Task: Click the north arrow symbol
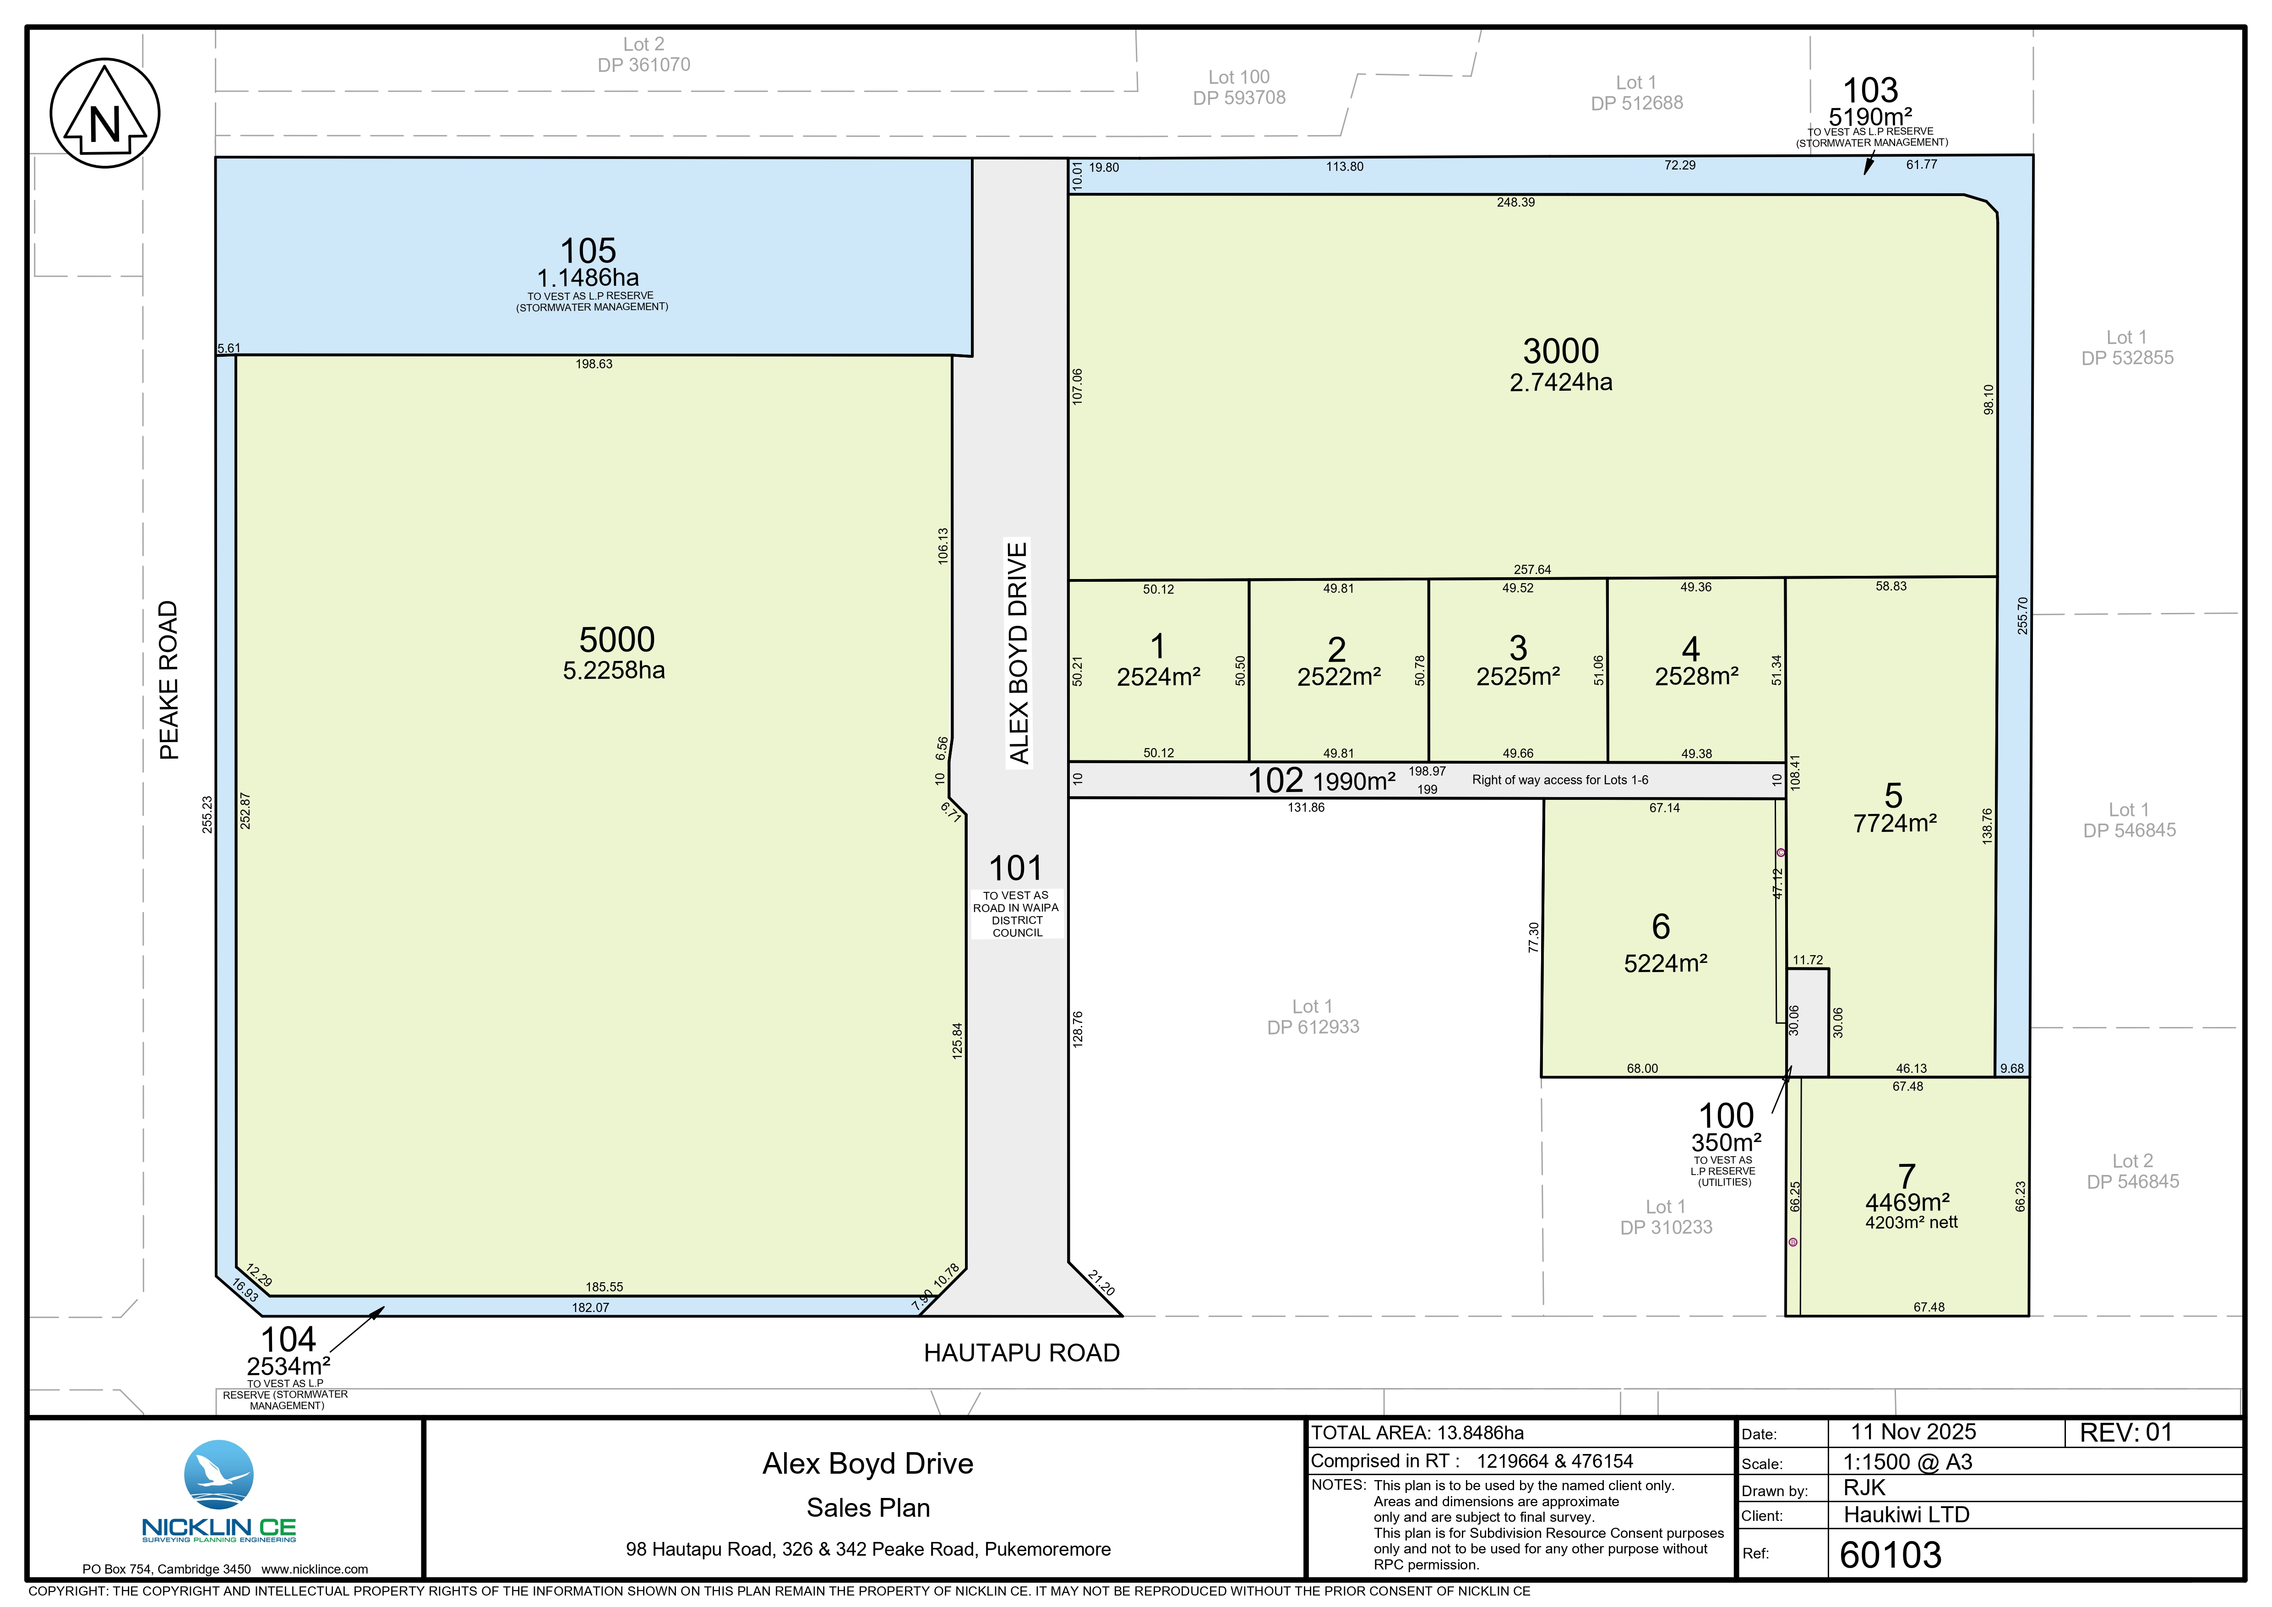(x=105, y=113)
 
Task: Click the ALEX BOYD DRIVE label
(x=1018, y=653)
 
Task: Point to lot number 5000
(x=616, y=639)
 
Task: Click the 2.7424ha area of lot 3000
(x=1560, y=382)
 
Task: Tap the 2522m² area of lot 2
(x=1339, y=677)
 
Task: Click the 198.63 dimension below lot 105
(x=594, y=364)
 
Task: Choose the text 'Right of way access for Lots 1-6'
(x=1559, y=780)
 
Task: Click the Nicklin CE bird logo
(x=219, y=1475)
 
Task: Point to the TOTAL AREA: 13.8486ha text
(x=1417, y=1433)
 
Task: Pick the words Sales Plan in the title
(x=868, y=1508)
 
